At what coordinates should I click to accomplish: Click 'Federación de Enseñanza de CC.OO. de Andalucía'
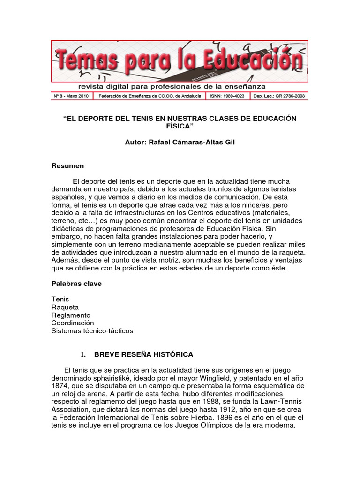[x=149, y=96]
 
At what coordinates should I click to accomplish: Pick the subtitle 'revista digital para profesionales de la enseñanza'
[x=172, y=86]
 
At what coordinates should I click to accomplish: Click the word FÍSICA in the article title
[x=180, y=127]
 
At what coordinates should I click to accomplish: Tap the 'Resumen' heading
[x=67, y=166]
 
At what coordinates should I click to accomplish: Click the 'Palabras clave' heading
[x=76, y=284]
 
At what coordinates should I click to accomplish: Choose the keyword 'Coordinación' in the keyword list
[x=73, y=323]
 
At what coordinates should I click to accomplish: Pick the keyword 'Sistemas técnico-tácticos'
[x=92, y=331]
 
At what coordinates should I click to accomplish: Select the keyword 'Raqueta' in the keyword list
[x=65, y=307]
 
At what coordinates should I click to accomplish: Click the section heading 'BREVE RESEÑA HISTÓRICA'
[x=143, y=354]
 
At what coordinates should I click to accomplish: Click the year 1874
[x=61, y=385]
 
